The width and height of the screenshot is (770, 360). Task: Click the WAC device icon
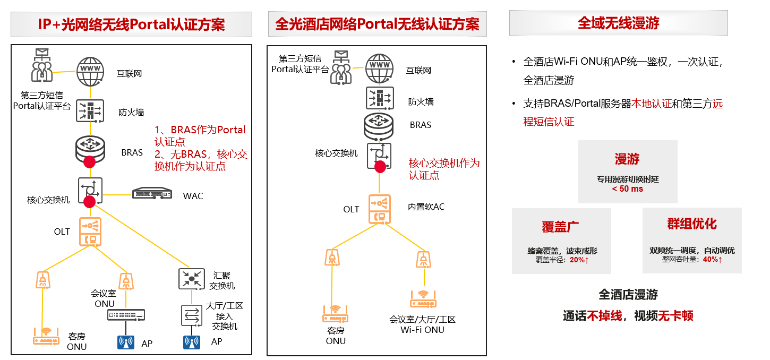(152, 193)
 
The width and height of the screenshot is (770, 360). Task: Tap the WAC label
(193, 196)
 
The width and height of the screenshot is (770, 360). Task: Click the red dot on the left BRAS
(89, 161)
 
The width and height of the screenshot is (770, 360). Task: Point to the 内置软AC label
(426, 207)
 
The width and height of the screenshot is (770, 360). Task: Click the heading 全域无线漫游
(618, 23)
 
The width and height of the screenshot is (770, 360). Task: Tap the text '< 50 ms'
(627, 189)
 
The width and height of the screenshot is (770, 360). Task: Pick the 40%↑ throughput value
(712, 260)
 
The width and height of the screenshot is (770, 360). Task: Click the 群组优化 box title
(692, 224)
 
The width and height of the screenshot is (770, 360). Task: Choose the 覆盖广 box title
(560, 226)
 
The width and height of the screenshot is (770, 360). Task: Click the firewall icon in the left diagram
(89, 112)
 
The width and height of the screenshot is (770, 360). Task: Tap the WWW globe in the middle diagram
(379, 68)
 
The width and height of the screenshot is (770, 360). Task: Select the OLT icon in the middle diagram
(379, 209)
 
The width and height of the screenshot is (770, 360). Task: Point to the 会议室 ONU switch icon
(126, 315)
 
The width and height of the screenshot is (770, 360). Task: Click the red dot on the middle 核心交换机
(380, 167)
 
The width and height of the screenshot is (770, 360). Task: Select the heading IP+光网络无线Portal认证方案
(131, 24)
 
